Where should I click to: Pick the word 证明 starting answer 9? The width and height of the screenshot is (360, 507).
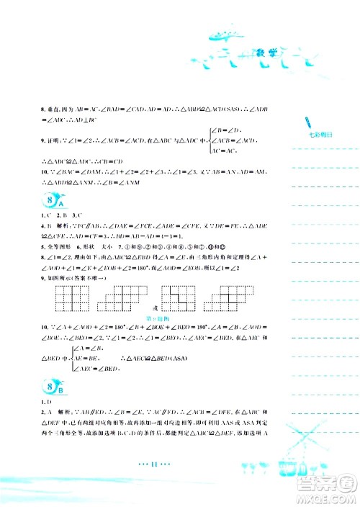[53, 138]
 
